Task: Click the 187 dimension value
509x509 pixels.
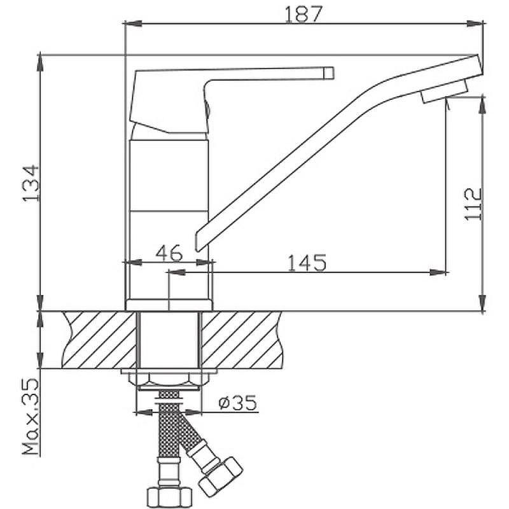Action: pyautogui.click(x=303, y=14)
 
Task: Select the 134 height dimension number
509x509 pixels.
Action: pyautogui.click(x=31, y=184)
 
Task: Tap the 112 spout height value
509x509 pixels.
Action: pyautogui.click(x=473, y=204)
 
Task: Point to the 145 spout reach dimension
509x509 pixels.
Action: pyautogui.click(x=307, y=263)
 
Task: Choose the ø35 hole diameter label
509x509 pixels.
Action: pyautogui.click(x=237, y=402)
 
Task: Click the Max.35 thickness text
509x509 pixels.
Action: pyautogui.click(x=31, y=417)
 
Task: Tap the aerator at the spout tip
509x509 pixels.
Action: pyautogui.click(x=443, y=92)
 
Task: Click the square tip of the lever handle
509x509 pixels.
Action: pyautogui.click(x=328, y=73)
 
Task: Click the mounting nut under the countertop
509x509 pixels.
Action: pyautogui.click(x=169, y=380)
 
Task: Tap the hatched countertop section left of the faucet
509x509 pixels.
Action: pyautogui.click(x=99, y=340)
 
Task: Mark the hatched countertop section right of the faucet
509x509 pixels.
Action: pyautogui.click(x=242, y=340)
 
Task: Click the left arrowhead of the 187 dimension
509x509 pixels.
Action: pyautogui.click(x=133, y=24)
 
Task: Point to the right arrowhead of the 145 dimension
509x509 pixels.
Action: pyautogui.click(x=438, y=272)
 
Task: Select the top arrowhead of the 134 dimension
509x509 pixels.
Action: pyautogui.click(x=39, y=63)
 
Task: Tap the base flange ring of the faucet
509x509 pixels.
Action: pyautogui.click(x=169, y=305)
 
